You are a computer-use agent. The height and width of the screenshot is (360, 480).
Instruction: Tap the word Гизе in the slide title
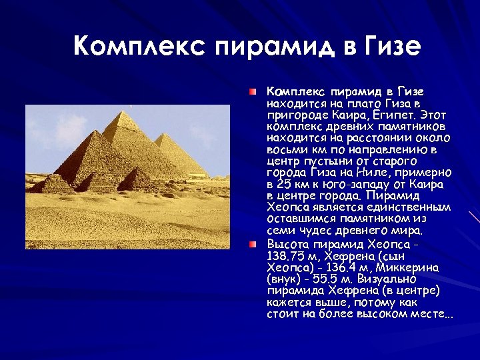click(x=393, y=46)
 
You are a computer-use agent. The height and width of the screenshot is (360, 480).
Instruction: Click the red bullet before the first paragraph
click(x=253, y=90)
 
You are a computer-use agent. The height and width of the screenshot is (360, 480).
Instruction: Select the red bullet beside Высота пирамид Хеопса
click(x=253, y=245)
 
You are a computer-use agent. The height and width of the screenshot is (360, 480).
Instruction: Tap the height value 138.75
click(x=285, y=255)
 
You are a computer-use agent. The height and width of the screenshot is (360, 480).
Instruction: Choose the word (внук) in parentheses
click(x=283, y=279)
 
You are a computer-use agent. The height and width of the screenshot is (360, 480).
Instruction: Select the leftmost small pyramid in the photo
click(x=53, y=183)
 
